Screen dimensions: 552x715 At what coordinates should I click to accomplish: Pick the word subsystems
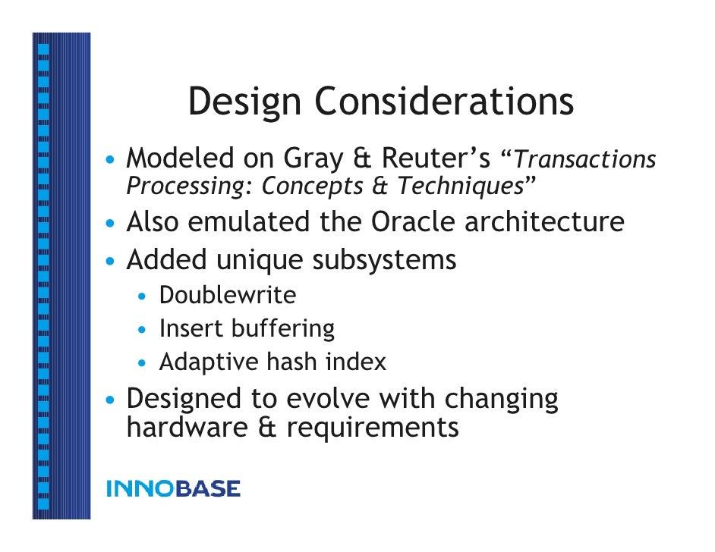(x=384, y=260)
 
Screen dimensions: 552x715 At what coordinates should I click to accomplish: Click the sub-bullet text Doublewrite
(x=228, y=295)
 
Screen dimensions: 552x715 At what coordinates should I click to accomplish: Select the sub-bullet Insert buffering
(x=247, y=328)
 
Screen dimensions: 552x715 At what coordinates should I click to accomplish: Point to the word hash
(x=292, y=362)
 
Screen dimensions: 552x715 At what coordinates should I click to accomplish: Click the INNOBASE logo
(x=174, y=489)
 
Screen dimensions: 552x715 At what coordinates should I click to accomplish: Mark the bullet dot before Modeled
(x=112, y=161)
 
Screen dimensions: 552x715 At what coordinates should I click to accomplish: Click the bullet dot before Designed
(x=112, y=400)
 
